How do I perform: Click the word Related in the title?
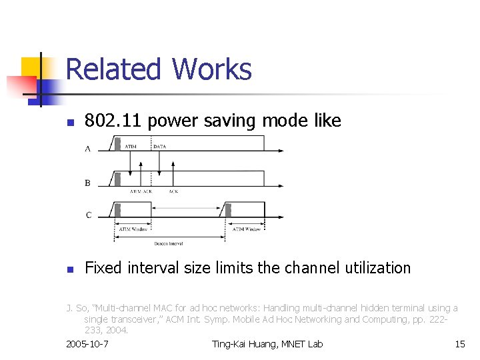(x=113, y=69)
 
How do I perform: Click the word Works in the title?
(x=211, y=69)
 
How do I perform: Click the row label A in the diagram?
(x=88, y=149)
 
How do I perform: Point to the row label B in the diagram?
(x=88, y=182)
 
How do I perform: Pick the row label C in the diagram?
(x=88, y=215)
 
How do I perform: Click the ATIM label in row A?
(x=131, y=146)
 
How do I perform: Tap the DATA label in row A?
(x=160, y=146)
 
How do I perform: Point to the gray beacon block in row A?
(x=117, y=143)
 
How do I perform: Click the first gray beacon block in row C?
(x=117, y=209)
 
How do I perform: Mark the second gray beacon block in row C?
(x=227, y=209)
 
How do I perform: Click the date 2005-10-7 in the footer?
(x=88, y=344)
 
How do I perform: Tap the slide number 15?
(x=459, y=344)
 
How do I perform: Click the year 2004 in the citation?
(x=117, y=330)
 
